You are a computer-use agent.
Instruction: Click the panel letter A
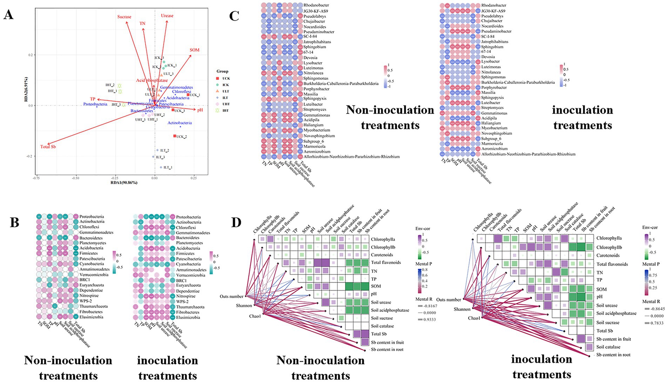[8, 15]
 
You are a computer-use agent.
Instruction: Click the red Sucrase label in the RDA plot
[124, 17]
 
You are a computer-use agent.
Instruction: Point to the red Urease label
[167, 15]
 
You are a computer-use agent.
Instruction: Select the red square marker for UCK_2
[175, 136]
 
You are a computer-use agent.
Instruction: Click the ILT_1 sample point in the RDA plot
[161, 167]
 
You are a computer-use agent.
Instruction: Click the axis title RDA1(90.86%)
[124, 183]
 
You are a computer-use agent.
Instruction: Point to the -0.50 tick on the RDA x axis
[75, 178]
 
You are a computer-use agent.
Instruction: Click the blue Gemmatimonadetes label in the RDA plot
[176, 87]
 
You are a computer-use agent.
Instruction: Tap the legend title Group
[222, 71]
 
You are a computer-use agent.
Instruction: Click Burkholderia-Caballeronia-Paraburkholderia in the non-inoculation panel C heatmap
[341, 84]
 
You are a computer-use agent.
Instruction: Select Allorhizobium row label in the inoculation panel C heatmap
[528, 154]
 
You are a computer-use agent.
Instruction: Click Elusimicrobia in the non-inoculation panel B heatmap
[91, 317]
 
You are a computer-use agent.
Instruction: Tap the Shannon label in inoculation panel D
[462, 309]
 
